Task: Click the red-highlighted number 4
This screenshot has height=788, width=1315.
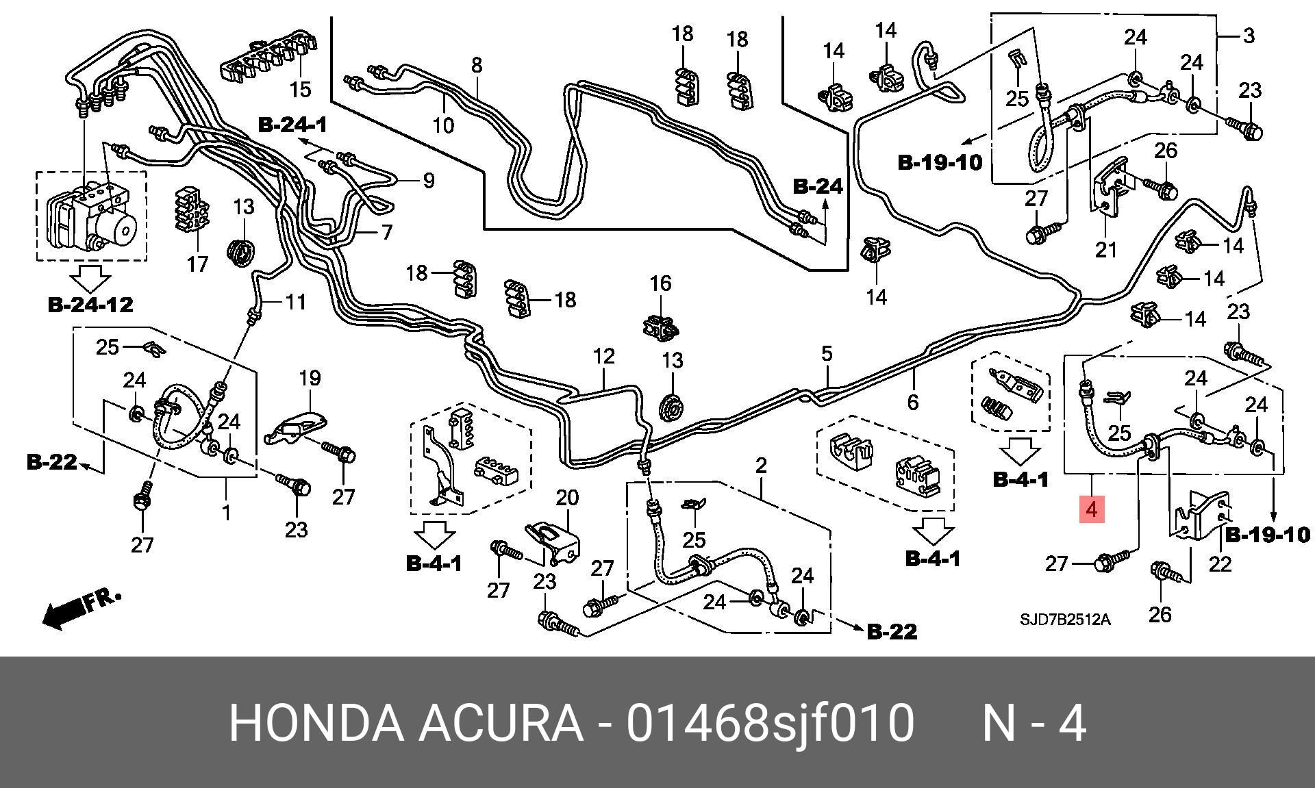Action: click(1092, 509)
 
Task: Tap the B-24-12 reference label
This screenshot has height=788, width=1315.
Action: click(90, 305)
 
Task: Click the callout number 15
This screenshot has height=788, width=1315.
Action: click(300, 89)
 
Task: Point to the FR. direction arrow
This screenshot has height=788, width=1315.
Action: click(79, 607)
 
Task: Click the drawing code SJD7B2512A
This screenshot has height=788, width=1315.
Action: click(1065, 620)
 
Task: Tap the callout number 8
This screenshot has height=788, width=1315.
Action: click(477, 65)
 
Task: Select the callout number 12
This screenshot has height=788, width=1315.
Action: click(603, 356)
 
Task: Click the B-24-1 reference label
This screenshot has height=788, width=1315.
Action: click(292, 125)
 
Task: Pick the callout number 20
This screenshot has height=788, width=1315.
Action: click(567, 498)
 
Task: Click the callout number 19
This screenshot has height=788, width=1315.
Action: click(310, 377)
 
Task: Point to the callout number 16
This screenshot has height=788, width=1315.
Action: click(660, 283)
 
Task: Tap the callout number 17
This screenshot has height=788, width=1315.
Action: click(197, 264)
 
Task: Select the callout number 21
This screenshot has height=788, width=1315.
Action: click(1105, 250)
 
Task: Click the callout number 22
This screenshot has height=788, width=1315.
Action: click(1220, 563)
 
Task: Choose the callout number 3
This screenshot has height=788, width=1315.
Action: click(1249, 35)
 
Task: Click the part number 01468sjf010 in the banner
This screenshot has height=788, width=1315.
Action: click(770, 723)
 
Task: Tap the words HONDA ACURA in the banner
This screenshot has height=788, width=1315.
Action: click(405, 723)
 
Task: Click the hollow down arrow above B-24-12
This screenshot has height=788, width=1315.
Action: click(91, 279)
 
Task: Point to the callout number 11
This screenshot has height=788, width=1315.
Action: click(295, 301)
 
